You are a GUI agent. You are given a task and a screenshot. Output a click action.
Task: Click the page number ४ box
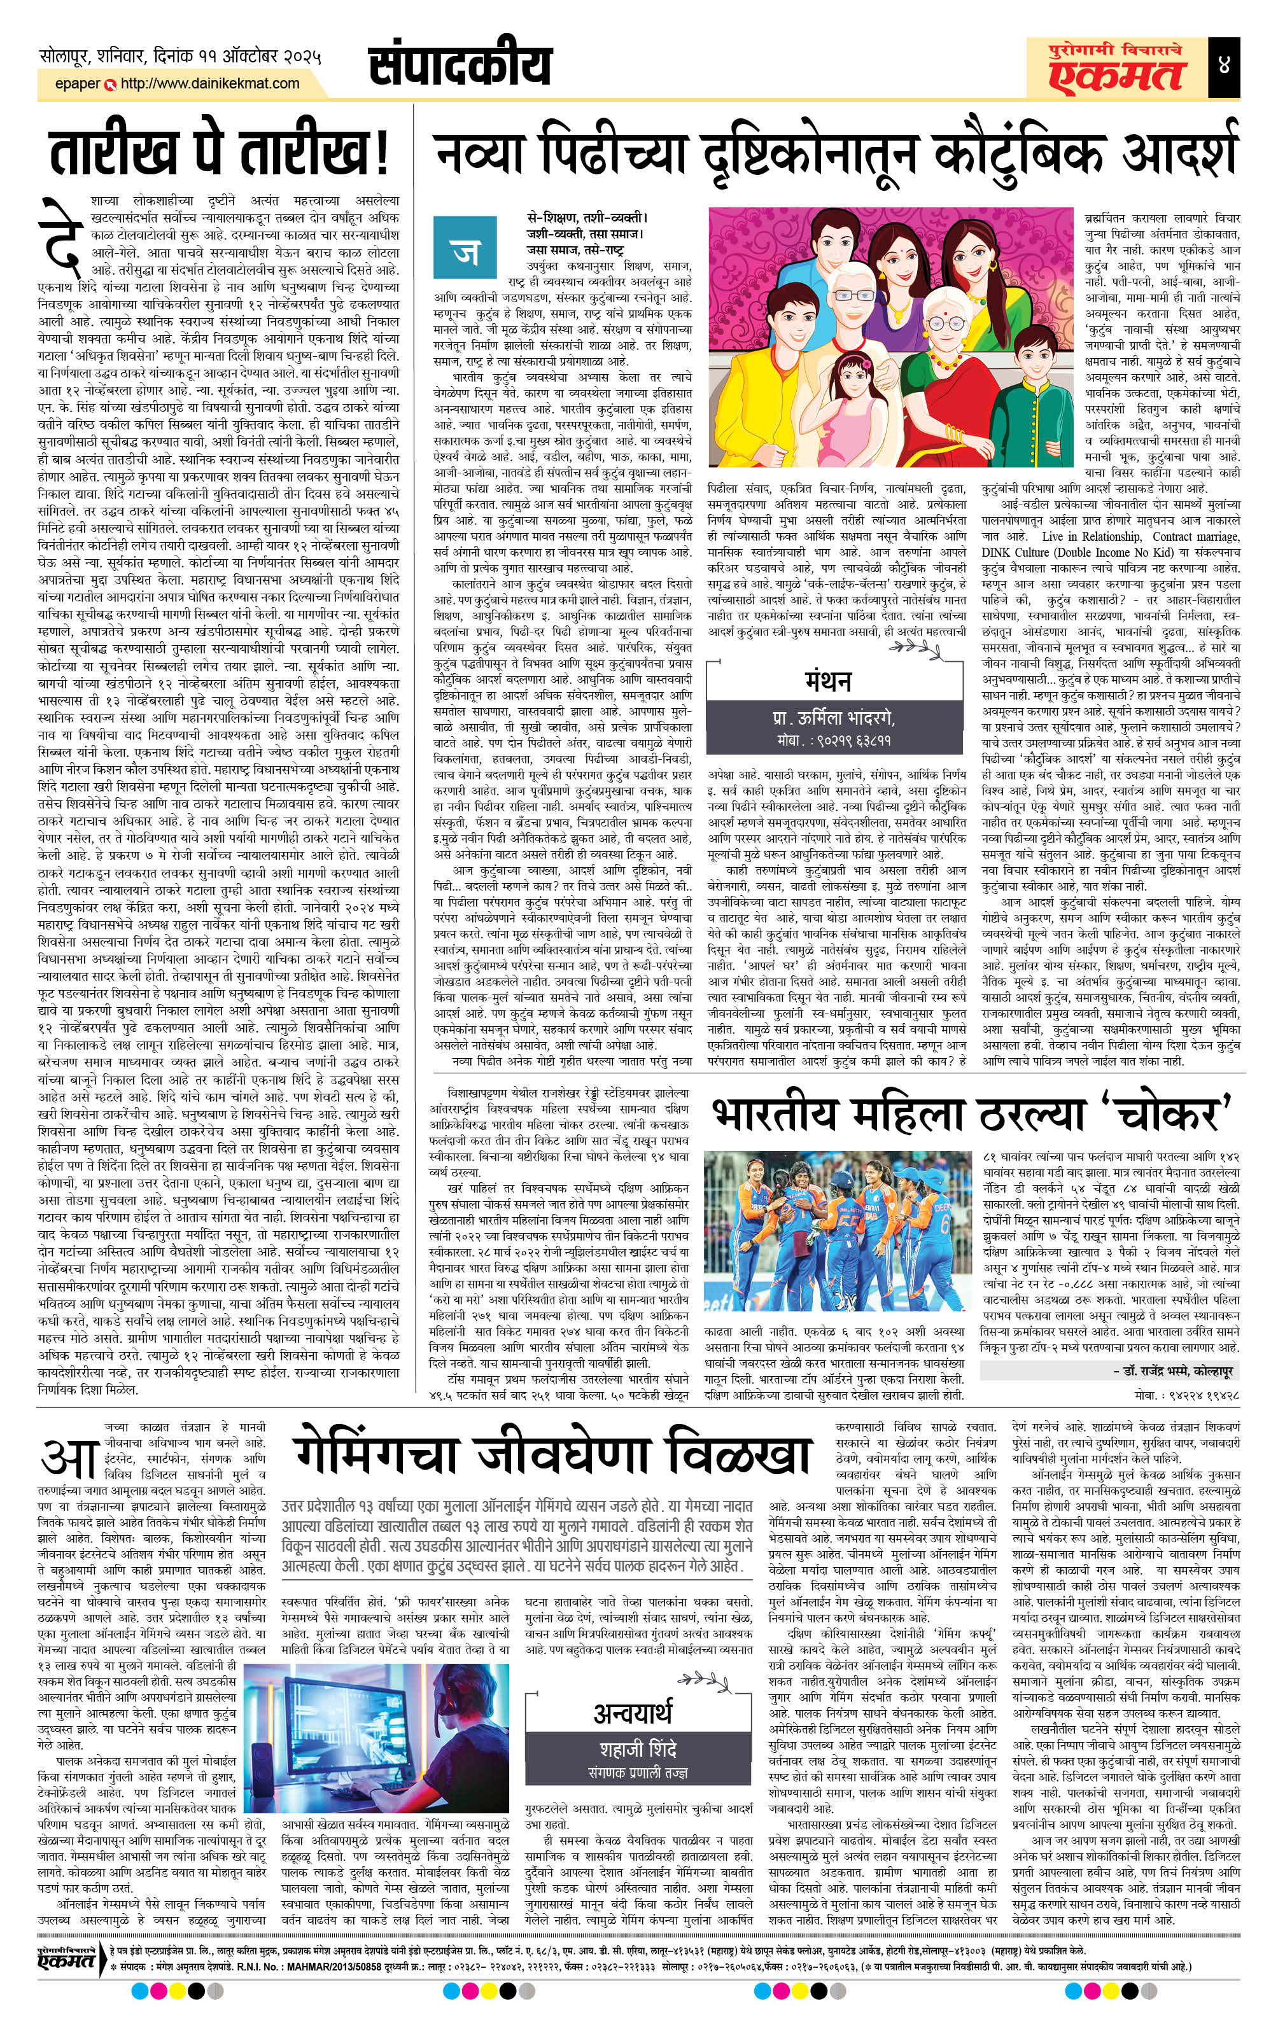coord(1223,66)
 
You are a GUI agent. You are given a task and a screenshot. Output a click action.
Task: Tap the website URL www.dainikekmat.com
coord(210,83)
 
